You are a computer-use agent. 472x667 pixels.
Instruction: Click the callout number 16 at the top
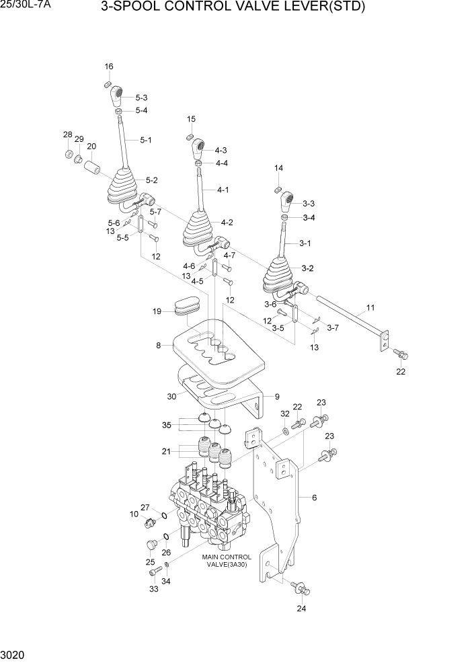point(109,66)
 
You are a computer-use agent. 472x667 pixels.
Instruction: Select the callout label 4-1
point(223,190)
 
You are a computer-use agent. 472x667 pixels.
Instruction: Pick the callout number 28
point(67,135)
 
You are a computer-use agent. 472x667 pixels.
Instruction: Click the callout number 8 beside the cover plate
point(159,346)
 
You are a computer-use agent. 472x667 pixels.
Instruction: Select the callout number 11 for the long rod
point(370,309)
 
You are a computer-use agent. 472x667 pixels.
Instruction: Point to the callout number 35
point(166,425)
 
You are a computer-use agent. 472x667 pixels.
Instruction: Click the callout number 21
point(166,450)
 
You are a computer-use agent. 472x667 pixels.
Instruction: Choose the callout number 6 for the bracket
point(314,498)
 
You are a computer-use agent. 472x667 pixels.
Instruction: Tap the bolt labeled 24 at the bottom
point(301,589)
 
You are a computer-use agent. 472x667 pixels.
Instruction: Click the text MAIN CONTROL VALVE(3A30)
point(227,561)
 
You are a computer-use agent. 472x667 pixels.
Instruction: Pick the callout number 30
point(172,397)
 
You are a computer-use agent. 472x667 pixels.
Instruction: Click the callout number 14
point(278,168)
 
